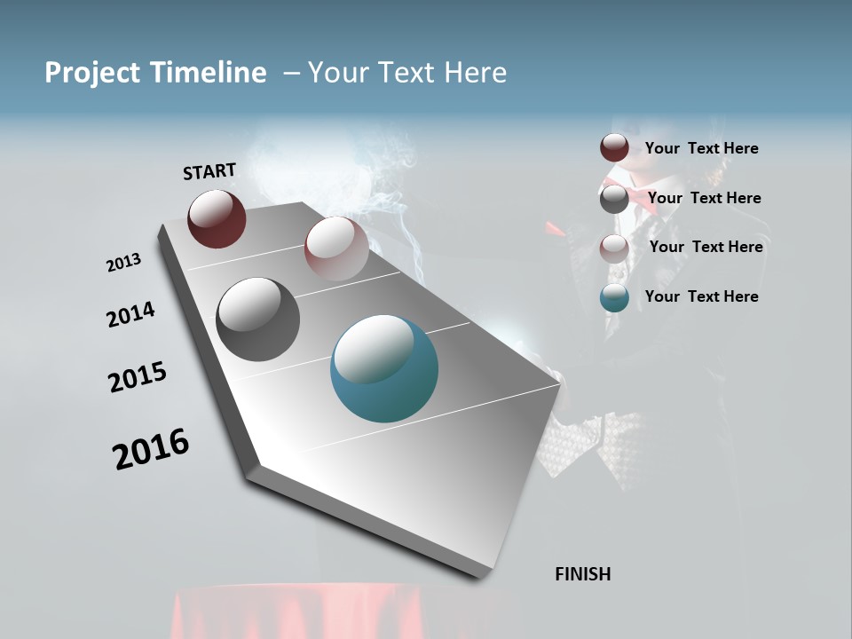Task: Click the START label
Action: pos(209,171)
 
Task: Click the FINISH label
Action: pos(583,574)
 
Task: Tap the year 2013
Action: pos(123,263)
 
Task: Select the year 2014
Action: pos(130,315)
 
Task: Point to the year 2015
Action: pos(138,377)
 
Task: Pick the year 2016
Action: pos(151,449)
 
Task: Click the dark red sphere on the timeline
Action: pos(217,218)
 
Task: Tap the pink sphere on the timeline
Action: pos(336,248)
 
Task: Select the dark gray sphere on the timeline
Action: pos(257,319)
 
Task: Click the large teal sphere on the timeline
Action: pos(383,368)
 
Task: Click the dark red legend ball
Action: pos(614,148)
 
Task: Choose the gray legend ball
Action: pos(614,199)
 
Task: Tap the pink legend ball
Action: pos(614,248)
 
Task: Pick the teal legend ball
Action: pos(614,297)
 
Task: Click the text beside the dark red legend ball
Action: pos(701,149)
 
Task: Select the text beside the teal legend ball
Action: pos(701,296)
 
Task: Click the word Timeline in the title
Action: pos(209,73)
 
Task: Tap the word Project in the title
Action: pos(91,73)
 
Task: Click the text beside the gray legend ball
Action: pos(704,198)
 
